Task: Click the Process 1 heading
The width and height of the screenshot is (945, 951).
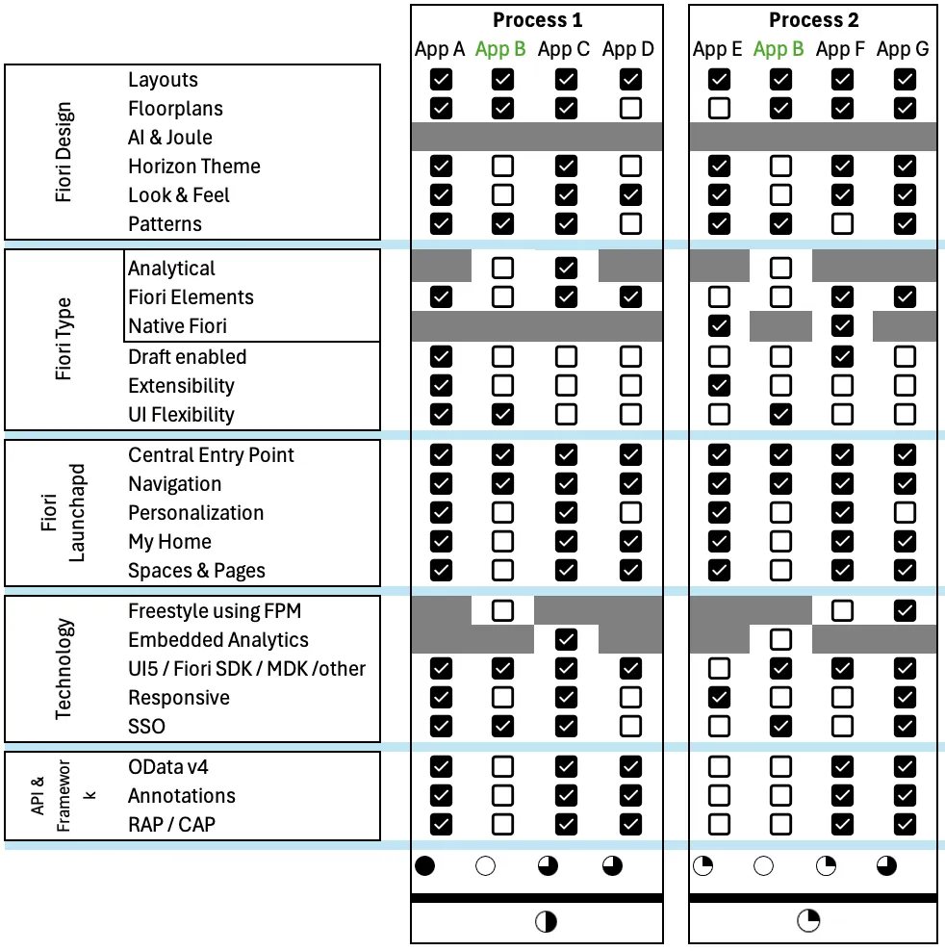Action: (x=537, y=20)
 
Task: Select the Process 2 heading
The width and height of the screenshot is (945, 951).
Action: (x=814, y=20)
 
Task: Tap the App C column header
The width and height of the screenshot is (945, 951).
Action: (x=564, y=49)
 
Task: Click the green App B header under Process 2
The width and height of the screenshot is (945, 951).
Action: (x=779, y=49)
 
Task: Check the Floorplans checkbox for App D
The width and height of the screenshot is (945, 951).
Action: (x=630, y=108)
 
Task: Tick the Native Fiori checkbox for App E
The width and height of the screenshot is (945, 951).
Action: (x=719, y=326)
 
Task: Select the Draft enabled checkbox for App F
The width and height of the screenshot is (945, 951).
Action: (x=842, y=357)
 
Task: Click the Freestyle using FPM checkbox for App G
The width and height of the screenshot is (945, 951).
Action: (x=905, y=610)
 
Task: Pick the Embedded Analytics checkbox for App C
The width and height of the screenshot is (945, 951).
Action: (x=567, y=639)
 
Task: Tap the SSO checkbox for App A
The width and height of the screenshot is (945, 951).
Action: (x=441, y=726)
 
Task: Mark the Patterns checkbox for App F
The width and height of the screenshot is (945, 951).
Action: (x=842, y=223)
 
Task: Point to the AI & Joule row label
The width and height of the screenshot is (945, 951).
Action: (x=170, y=138)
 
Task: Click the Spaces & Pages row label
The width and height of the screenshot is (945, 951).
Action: (x=196, y=571)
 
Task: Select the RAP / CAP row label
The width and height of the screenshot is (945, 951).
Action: (x=172, y=825)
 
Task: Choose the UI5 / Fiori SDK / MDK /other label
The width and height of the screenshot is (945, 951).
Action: (x=247, y=668)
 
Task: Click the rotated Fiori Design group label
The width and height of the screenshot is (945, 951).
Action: (x=64, y=152)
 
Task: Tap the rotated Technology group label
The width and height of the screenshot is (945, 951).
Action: (x=64, y=669)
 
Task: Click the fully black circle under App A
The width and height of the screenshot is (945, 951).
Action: (x=424, y=866)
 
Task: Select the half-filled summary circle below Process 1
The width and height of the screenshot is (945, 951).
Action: (x=546, y=922)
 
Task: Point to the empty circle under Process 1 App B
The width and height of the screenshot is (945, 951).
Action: (x=486, y=866)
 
